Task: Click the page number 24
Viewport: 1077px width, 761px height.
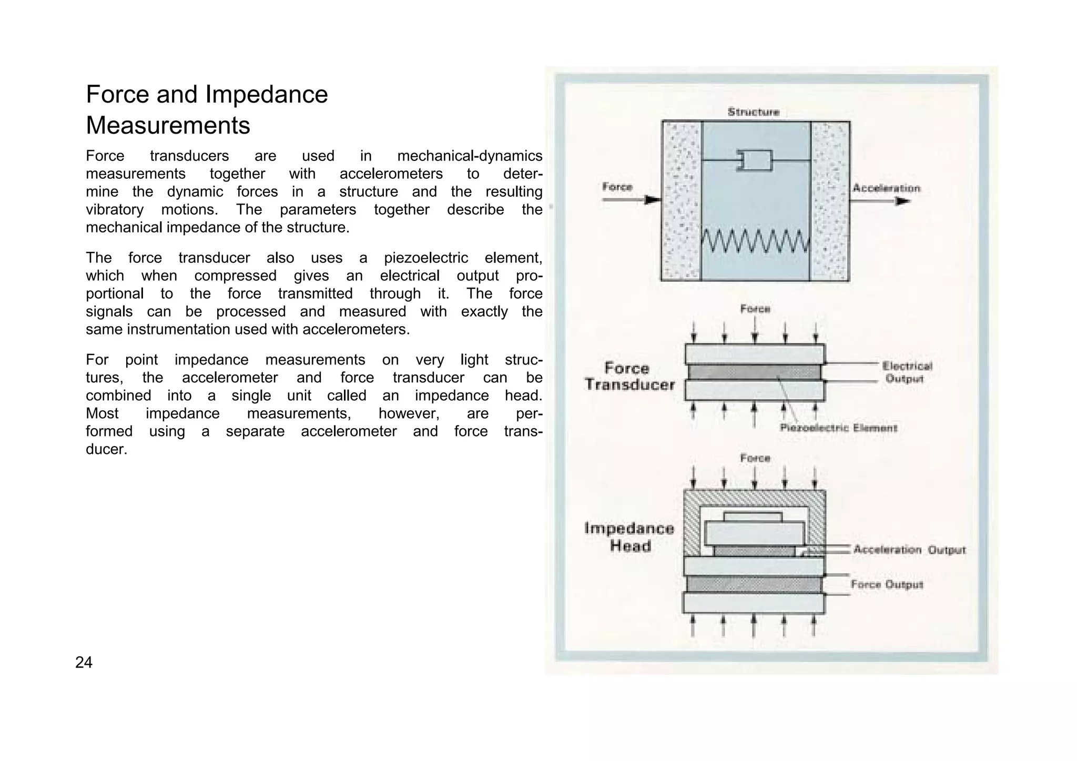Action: click(84, 662)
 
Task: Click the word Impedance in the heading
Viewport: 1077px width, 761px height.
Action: click(266, 95)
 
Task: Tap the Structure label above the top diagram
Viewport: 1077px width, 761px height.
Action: click(753, 112)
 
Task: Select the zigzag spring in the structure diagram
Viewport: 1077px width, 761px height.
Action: click(755, 241)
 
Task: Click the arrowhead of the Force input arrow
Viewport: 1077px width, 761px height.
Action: click(653, 200)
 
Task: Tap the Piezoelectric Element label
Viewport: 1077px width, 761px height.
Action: click(838, 428)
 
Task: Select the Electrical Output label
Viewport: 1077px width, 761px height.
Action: click(907, 372)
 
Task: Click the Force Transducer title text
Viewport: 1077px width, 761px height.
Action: click(629, 377)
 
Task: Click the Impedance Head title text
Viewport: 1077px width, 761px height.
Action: click(629, 537)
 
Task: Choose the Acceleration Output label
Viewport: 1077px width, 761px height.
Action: click(909, 550)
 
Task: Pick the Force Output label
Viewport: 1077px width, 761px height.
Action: click(887, 585)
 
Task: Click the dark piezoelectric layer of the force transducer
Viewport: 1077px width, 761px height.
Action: click(754, 372)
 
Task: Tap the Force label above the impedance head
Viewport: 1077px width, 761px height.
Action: click(755, 459)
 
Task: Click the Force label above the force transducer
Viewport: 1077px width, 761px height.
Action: click(755, 309)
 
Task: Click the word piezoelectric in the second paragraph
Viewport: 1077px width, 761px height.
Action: click(425, 258)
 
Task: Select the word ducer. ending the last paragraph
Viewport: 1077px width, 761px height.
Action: click(106, 450)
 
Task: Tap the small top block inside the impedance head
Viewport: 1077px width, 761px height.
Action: click(753, 517)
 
